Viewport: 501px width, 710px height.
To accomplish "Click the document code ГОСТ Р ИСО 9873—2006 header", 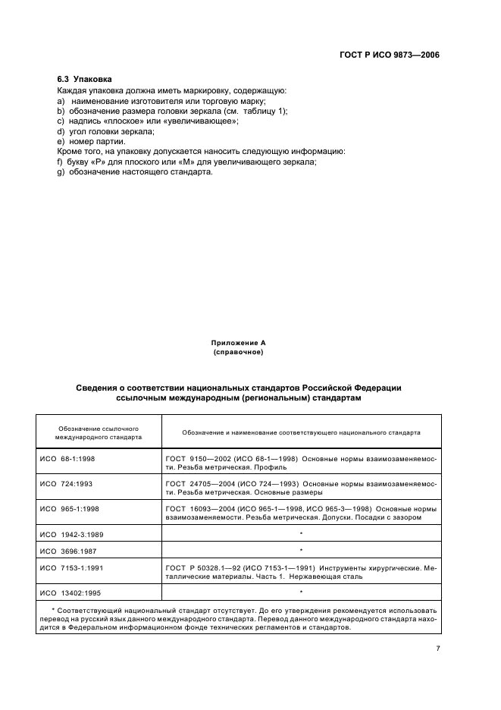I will (391, 55).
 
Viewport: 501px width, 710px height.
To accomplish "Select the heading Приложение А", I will (238, 344).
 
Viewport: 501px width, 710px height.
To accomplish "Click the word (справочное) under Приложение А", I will (238, 352).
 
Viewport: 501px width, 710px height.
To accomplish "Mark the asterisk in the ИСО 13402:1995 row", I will (301, 591).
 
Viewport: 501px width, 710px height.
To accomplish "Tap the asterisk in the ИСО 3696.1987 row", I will (301, 551).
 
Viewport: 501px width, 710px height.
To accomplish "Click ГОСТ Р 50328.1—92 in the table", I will (203, 567).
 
